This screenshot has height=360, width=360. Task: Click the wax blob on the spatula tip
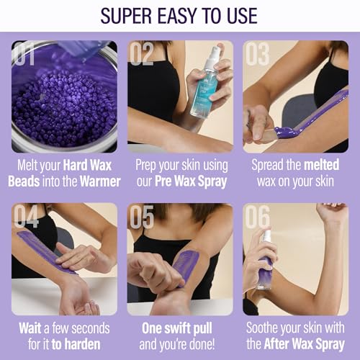point(286,132)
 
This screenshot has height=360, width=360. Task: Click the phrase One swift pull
point(179,328)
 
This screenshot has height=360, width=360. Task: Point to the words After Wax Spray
point(307,343)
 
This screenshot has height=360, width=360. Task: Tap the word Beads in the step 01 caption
point(24,180)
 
